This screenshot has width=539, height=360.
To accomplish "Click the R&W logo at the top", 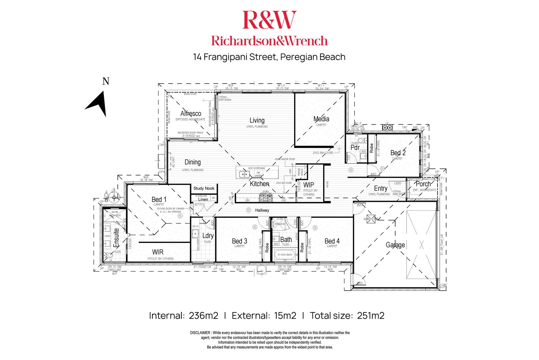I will click(269, 20).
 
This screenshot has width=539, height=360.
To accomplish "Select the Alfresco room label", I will click(191, 113).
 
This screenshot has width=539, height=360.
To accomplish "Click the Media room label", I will click(321, 119).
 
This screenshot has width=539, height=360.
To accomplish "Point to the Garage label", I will click(395, 245).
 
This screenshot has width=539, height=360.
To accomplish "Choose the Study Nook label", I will click(204, 188).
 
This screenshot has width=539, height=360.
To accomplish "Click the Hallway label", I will click(262, 210).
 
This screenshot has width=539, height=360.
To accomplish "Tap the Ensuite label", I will click(116, 237).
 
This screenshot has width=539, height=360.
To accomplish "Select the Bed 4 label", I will click(332, 241).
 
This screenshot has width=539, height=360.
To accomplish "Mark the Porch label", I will click(423, 184).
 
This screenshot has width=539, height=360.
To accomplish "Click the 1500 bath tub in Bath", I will click(285, 255).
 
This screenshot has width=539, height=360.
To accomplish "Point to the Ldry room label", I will click(208, 236).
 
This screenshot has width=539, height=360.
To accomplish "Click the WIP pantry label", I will click(309, 185).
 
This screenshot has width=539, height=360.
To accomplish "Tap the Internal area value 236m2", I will click(203, 316).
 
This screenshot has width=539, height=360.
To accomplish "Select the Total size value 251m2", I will click(371, 316).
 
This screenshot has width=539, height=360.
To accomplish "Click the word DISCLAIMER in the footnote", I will click(200, 333).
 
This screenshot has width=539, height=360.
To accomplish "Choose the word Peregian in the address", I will click(295, 57).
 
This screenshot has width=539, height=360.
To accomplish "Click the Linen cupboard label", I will click(203, 199).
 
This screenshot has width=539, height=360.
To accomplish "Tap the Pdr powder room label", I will click(355, 147).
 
